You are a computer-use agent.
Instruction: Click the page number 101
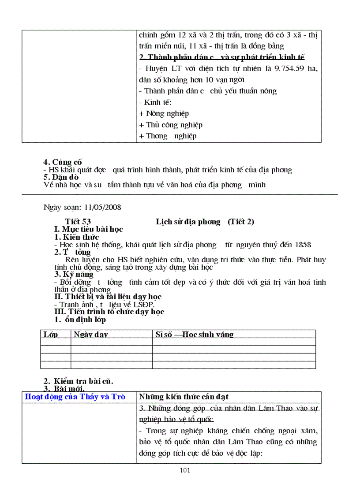coord(185,470)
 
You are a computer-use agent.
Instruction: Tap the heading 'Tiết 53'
coord(78,222)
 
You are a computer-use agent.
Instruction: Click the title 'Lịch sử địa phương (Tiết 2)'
coord(205,222)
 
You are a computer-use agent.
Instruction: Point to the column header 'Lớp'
coord(51,335)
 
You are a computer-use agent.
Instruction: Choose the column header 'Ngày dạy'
coord(91,335)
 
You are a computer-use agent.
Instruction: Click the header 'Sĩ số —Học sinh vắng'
coord(194,335)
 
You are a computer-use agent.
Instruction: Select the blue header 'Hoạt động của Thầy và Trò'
coord(75,397)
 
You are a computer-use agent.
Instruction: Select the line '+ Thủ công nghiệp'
coord(171,125)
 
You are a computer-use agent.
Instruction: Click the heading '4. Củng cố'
coord(63,162)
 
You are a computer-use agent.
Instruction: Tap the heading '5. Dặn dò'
coord(61,177)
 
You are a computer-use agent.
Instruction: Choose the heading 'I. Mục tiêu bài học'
coord(88,229)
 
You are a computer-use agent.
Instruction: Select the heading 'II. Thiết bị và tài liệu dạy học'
coord(108,297)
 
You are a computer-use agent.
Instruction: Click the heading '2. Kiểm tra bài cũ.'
coord(81,381)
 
